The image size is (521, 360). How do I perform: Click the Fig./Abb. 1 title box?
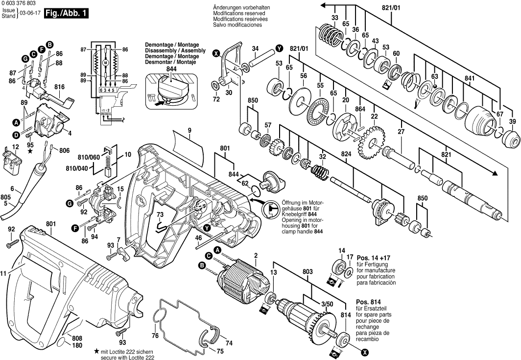pyautogui.click(x=67, y=14)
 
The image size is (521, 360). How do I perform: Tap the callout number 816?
pyautogui.click(x=60, y=87)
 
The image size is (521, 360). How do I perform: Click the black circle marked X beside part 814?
pyautogui.click(x=365, y=351)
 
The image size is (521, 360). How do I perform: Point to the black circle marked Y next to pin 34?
pyautogui.click(x=279, y=48)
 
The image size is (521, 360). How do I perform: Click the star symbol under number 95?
pyautogui.click(x=30, y=152)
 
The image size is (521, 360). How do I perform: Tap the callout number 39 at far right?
pyautogui.click(x=512, y=121)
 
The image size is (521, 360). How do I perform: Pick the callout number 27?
pyautogui.click(x=401, y=132)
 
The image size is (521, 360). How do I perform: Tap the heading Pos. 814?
pyautogui.click(x=369, y=302)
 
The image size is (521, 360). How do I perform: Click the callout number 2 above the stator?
pyautogui.click(x=256, y=255)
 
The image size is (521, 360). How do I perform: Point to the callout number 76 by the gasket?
pyautogui.click(x=155, y=336)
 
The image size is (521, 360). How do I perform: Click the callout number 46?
pyautogui.click(x=198, y=239)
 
